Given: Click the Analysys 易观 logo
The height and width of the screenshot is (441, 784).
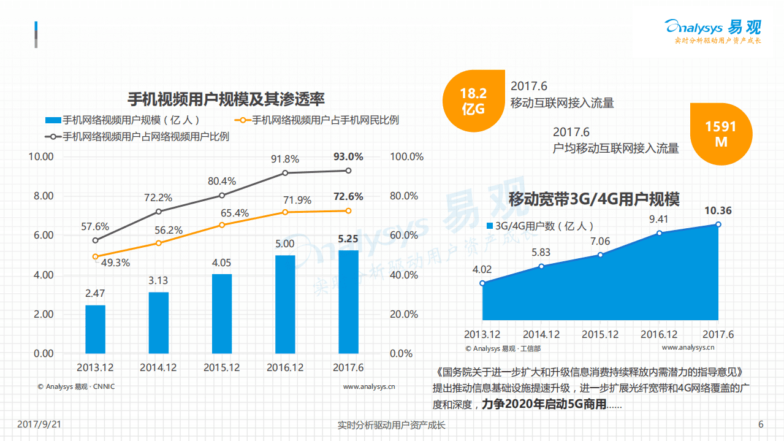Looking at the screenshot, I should click(x=713, y=28).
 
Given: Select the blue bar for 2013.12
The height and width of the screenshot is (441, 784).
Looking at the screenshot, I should click(x=95, y=329).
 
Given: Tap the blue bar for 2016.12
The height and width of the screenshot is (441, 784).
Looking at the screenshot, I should click(x=285, y=304).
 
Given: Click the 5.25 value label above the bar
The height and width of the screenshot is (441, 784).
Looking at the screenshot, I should click(x=348, y=239).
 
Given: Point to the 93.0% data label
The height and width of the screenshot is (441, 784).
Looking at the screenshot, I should click(x=348, y=156).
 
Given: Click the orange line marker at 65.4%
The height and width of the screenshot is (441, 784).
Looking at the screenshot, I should click(x=222, y=225).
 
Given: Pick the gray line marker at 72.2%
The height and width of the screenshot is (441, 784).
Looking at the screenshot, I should click(x=158, y=212).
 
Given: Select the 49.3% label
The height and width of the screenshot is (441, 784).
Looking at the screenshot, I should click(x=115, y=263).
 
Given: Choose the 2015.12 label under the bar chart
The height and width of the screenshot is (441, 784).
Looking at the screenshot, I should click(x=222, y=368).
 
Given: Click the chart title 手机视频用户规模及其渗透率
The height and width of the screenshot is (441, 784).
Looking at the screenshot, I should click(x=226, y=99).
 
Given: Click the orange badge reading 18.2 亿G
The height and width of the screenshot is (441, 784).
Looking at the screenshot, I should click(x=473, y=101).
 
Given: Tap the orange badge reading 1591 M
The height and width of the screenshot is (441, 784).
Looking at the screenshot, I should click(x=720, y=134).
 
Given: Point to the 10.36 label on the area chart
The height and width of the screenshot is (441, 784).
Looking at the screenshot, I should click(x=718, y=211).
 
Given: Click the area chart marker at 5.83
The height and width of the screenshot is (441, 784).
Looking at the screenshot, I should click(x=541, y=266).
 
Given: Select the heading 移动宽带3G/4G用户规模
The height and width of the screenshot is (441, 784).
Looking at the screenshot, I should click(x=593, y=199).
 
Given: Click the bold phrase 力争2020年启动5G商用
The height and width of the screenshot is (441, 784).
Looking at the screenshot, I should click(x=543, y=405).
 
